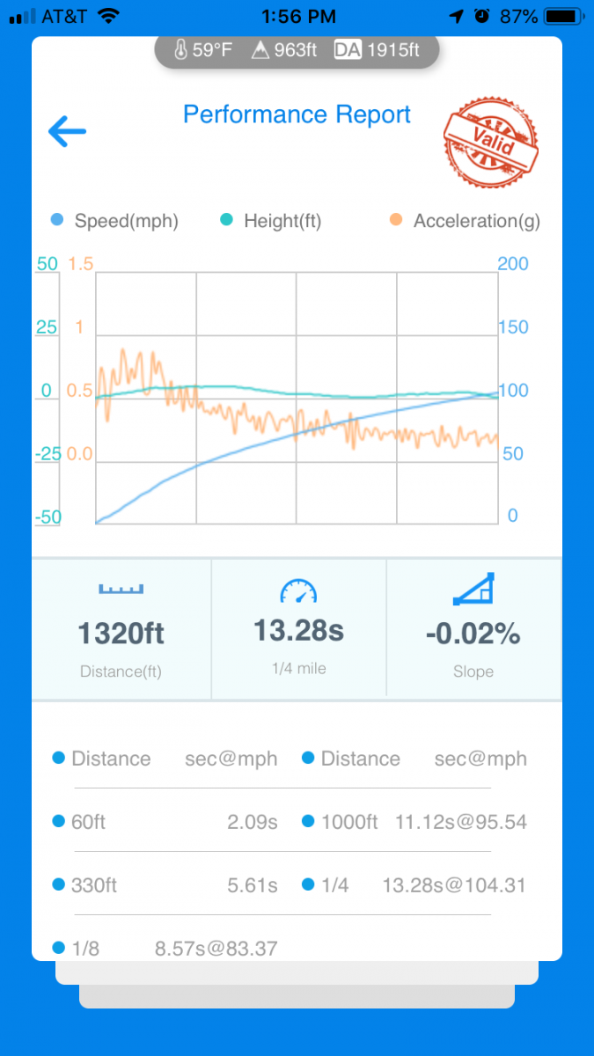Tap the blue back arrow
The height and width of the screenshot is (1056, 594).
coord(67,132)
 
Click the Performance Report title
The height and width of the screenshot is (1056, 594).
coord(297,114)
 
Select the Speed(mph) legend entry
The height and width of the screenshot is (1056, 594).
coord(115,221)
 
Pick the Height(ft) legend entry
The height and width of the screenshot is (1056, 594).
coord(271,221)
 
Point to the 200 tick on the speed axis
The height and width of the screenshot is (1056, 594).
coord(513,264)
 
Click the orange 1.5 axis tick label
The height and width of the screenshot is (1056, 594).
coord(80,264)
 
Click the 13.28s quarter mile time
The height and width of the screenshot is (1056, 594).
coord(298,630)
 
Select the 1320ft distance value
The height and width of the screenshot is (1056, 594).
coord(121,634)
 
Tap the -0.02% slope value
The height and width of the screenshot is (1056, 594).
coord(473,634)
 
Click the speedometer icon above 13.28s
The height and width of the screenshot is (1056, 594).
coord(298,591)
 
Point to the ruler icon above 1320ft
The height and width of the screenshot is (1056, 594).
coord(121,589)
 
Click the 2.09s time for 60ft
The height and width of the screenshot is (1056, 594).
coord(253,822)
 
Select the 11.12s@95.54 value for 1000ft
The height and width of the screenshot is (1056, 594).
coord(461,822)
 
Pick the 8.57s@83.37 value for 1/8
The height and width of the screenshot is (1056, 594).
coord(216,949)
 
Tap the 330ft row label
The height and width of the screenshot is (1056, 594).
coord(93,885)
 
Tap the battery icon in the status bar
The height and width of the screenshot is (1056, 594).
coord(561,16)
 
